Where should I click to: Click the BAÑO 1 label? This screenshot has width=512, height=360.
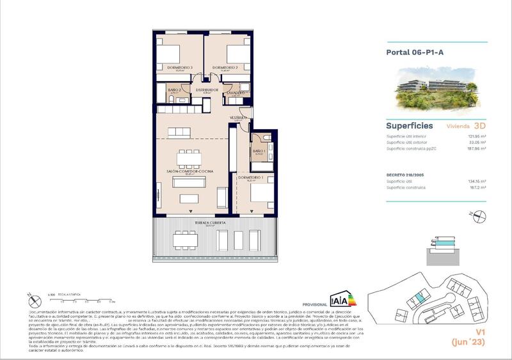[x=259, y=152]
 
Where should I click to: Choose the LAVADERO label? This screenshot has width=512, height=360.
[x=236, y=93]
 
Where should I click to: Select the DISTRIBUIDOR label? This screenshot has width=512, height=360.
[x=207, y=90]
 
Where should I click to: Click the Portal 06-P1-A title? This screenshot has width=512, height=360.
[x=413, y=53]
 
